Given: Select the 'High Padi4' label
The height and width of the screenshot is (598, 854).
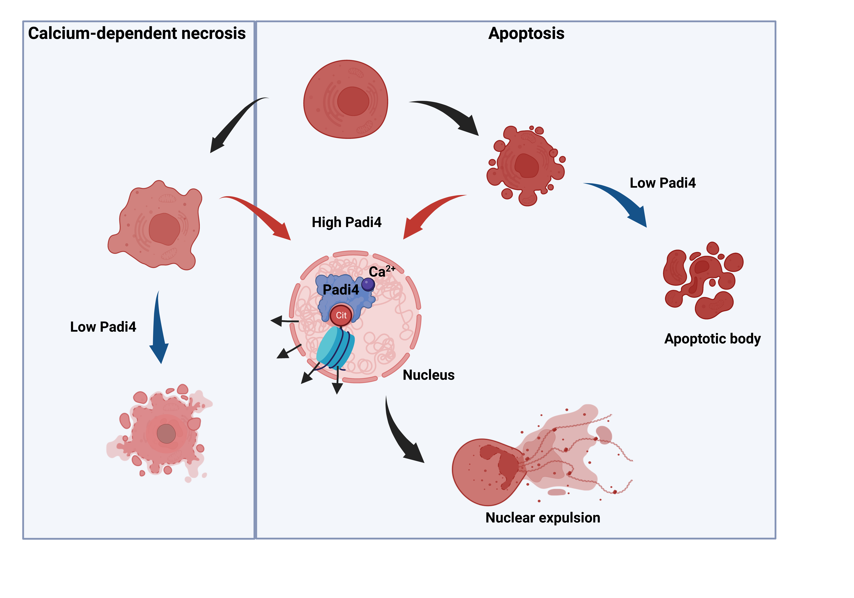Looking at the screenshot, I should point(346,222).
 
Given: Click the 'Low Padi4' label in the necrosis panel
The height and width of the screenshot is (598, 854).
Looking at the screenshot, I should point(103,327).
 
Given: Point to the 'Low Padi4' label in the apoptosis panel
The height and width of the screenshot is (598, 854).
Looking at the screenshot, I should point(662,183).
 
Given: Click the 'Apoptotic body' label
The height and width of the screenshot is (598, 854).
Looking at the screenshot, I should point(712,339).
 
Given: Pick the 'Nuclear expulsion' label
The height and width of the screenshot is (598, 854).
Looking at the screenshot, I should point(543,518).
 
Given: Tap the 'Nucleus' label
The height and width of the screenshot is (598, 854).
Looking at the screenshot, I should point(429,375).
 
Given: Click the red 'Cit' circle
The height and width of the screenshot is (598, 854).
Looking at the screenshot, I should point(341,315).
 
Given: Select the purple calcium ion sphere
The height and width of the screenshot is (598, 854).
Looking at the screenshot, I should point(368,285).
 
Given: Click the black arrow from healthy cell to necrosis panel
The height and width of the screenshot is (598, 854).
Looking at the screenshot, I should point(234,123).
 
